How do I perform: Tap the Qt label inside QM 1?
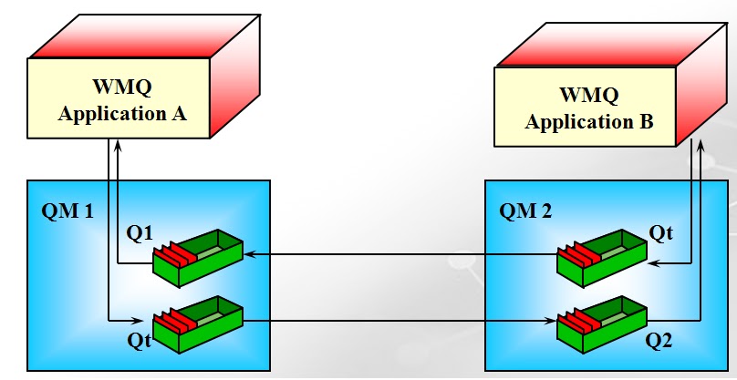[139, 340]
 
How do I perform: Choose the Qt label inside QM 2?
[660, 233]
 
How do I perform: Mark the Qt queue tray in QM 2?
[603, 254]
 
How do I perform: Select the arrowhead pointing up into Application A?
[117, 145]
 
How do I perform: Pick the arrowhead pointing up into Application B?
[701, 144]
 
